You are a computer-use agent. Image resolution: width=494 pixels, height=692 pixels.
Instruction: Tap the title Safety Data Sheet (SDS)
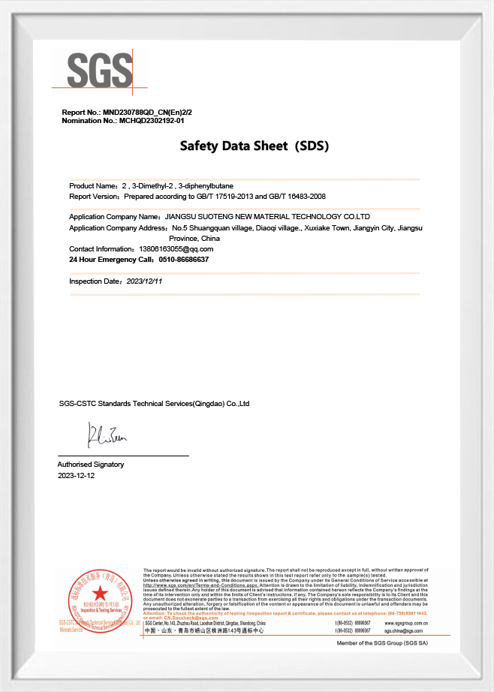click(x=254, y=146)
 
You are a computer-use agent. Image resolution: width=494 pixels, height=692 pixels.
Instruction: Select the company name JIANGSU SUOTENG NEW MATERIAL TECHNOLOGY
click(x=267, y=216)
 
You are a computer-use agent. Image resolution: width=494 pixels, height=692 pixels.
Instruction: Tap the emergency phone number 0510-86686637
click(x=183, y=259)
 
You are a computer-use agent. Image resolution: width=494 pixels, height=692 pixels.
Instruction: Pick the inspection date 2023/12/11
click(x=144, y=281)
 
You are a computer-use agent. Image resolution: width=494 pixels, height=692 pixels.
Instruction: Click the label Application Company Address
click(x=117, y=227)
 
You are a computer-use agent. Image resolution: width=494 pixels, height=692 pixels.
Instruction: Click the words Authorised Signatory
click(x=91, y=465)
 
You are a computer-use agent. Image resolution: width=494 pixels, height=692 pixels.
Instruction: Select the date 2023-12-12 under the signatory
click(x=77, y=475)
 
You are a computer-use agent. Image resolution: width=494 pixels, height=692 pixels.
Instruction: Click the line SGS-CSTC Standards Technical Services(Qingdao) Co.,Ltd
click(x=154, y=404)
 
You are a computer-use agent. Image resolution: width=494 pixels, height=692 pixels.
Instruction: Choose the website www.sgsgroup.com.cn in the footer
click(x=405, y=623)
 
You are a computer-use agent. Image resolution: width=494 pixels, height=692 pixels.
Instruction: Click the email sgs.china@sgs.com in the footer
click(x=403, y=631)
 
